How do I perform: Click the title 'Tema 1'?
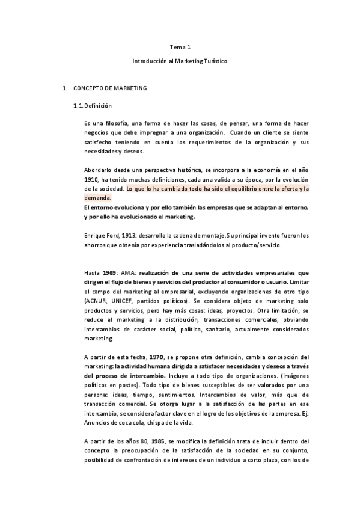(180, 46)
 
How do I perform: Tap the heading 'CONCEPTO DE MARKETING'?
(110, 88)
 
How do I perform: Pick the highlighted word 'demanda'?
(98, 197)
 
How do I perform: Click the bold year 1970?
(157, 356)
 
